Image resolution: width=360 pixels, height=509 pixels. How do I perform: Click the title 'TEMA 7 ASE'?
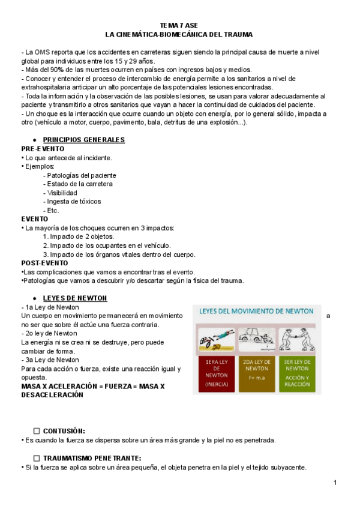pos(179,25)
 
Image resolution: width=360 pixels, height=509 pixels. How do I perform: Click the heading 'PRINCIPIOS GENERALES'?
pos(84,140)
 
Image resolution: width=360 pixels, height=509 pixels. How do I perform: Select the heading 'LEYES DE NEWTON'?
pos(75,298)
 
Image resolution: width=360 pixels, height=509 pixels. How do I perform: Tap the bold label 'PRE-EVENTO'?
pos(43,149)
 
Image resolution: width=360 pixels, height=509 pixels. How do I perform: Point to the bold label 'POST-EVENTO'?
pos(44,263)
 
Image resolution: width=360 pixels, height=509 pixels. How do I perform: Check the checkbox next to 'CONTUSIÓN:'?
pos(37,431)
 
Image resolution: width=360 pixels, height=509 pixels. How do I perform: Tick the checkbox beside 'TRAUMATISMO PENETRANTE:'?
pos(37,458)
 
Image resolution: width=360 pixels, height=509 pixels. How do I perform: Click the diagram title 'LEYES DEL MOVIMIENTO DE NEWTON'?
pos(256,312)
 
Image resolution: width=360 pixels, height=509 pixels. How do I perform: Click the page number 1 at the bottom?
pos(335,483)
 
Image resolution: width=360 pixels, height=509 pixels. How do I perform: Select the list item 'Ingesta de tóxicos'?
pos(74,202)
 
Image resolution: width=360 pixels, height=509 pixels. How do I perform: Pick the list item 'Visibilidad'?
pos(62,193)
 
